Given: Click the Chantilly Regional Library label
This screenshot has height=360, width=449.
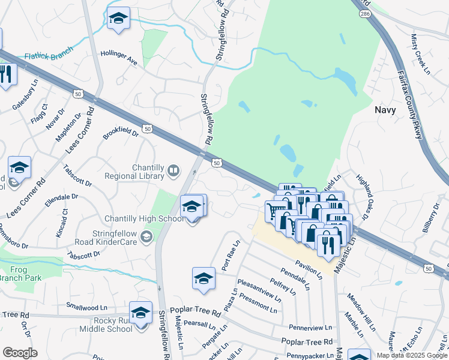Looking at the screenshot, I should click(134, 172).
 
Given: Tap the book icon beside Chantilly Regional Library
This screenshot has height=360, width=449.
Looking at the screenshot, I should click(173, 172).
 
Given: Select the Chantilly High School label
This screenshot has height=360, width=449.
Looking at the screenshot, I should click(144, 219).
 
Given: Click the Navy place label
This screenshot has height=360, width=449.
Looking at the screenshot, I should click(385, 110).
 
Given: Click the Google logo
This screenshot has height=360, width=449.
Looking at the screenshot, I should click(19, 353).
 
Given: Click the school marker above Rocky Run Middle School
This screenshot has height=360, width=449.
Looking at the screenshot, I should click(141, 313).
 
